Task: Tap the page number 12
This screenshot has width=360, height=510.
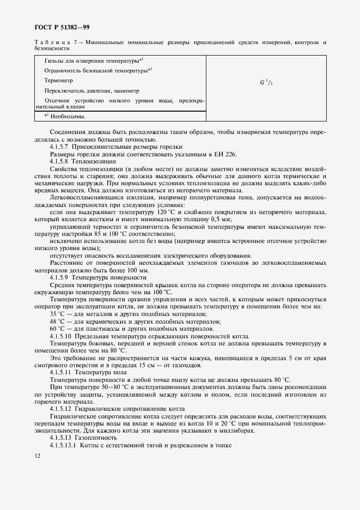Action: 37,456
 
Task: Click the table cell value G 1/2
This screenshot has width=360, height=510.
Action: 266,83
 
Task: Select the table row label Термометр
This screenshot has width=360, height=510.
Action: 58,81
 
